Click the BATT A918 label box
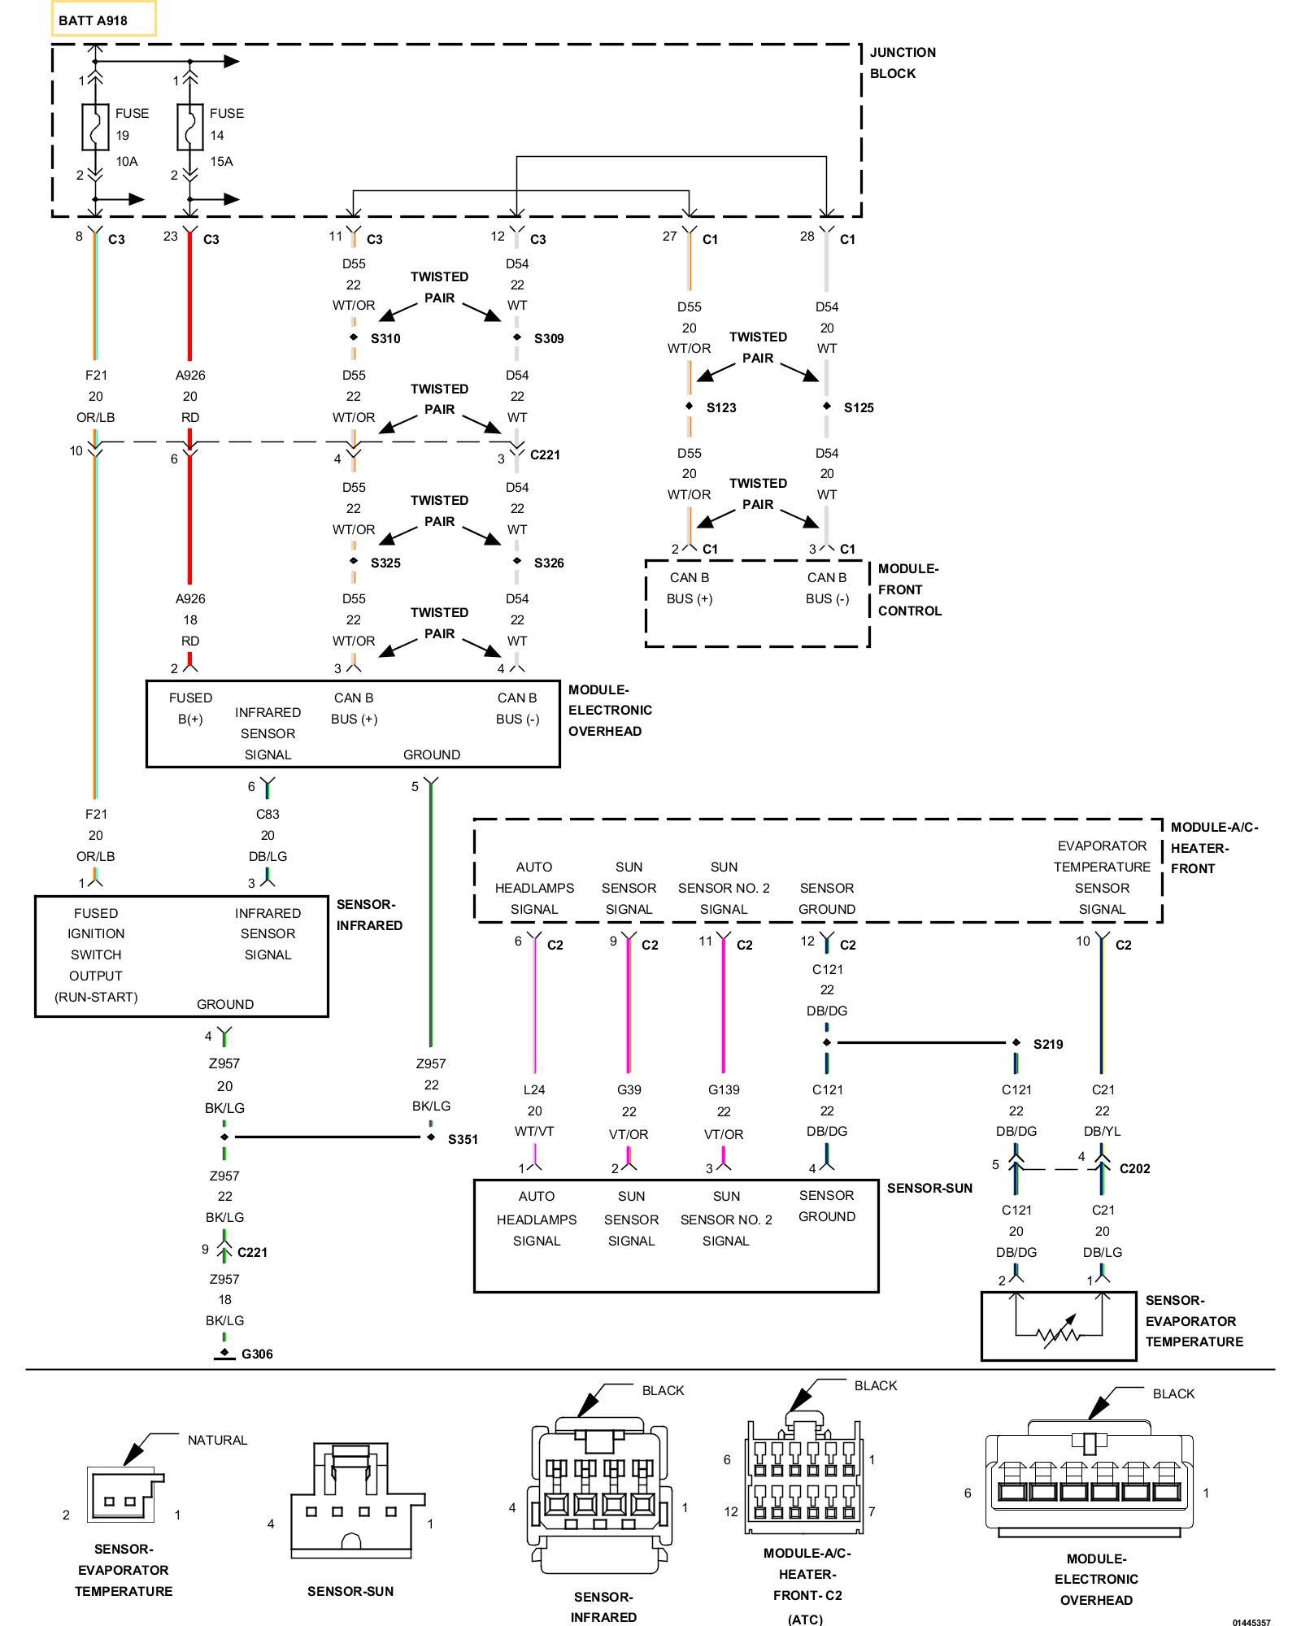coord(103,20)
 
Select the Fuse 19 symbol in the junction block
coord(95,127)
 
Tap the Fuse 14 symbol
coord(189,127)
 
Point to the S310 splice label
coord(385,338)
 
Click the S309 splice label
coord(549,338)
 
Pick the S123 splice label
coord(721,407)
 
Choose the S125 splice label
coord(859,407)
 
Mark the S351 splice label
coord(463,1139)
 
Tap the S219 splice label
coord(1048,1044)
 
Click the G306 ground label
coord(257,1354)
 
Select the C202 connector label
coord(1135,1168)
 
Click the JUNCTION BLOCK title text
coord(903,63)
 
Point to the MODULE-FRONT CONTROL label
coord(910,589)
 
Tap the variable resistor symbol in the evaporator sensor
coord(1059,1333)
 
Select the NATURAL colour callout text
coord(217,1440)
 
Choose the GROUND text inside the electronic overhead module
coord(432,754)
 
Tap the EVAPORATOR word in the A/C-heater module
coord(1102,846)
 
